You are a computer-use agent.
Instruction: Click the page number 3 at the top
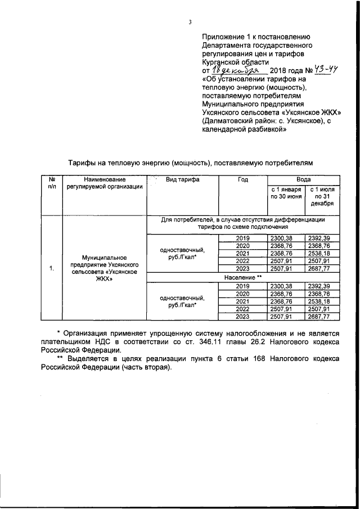(190, 22)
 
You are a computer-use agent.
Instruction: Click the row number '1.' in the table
(51, 268)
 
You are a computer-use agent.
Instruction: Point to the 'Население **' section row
(243, 278)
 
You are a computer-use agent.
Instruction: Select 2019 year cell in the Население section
(242, 286)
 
